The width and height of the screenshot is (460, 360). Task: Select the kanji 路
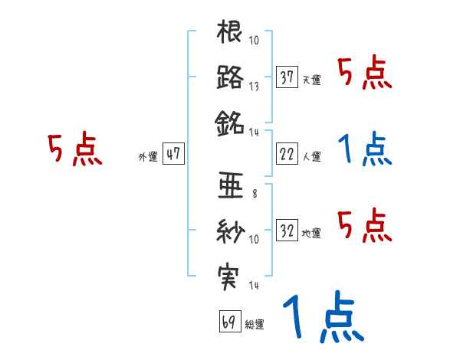coord(230,77)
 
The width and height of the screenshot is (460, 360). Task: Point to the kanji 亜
coord(230,185)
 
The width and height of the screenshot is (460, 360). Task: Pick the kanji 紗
coord(230,229)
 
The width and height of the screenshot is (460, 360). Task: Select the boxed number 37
coord(287,77)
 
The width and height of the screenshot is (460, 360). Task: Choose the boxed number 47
coord(173,154)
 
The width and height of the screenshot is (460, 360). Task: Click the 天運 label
coord(311,80)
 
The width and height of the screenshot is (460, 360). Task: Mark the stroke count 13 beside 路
coord(253,87)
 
